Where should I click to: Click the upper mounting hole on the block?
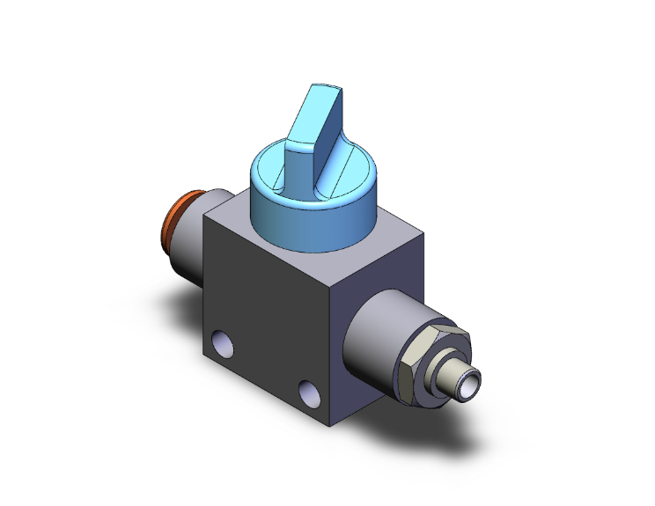222,339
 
